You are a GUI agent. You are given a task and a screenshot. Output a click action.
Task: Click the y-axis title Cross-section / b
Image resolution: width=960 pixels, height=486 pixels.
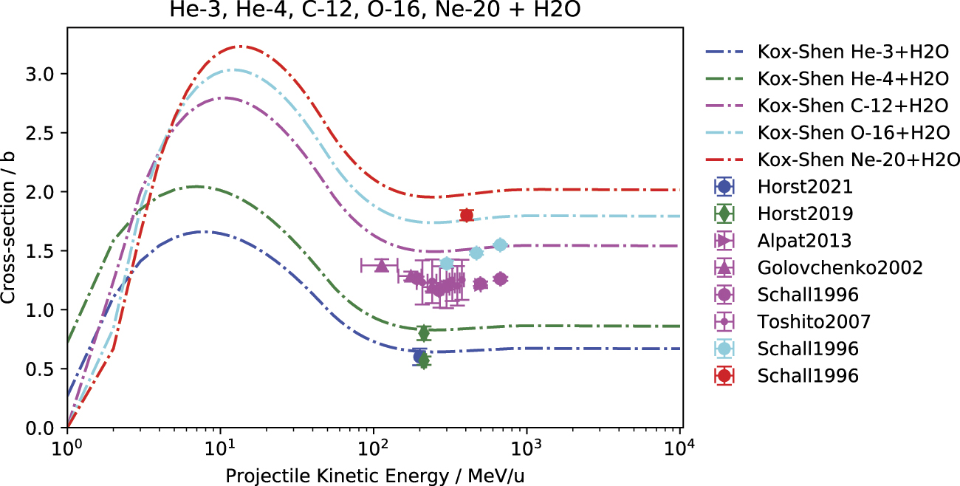pyautogui.click(x=10, y=227)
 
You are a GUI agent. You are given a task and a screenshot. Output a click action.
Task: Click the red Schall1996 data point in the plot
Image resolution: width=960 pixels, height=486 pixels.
pyautogui.click(x=466, y=215)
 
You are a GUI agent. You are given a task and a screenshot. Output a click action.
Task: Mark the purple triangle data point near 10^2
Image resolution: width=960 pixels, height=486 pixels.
pyautogui.click(x=381, y=265)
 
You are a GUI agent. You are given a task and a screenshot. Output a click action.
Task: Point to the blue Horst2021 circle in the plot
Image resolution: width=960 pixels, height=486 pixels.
pyautogui.click(x=419, y=355)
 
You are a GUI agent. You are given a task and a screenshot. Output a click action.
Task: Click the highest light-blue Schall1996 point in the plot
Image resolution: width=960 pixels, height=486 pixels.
pyautogui.click(x=500, y=244)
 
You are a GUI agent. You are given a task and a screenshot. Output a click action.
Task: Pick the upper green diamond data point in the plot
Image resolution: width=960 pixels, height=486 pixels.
pyautogui.click(x=423, y=333)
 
